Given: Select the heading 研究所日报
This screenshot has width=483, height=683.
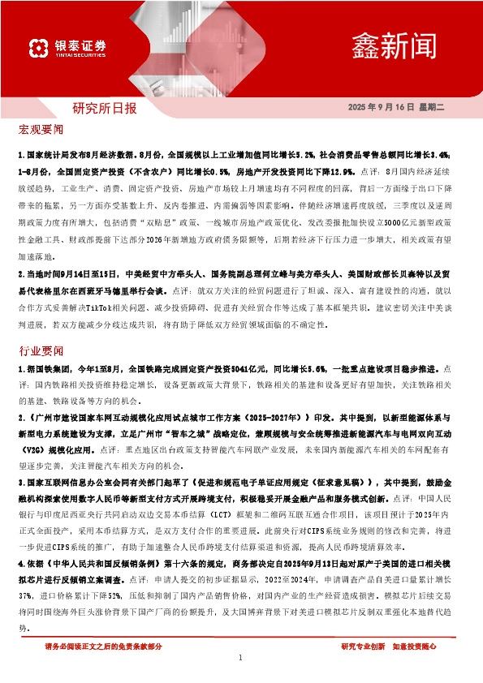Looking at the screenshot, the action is pos(105,107).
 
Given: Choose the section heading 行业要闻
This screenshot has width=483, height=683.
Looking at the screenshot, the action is pos(41,352).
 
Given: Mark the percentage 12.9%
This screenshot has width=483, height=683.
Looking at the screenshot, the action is pos(337,173).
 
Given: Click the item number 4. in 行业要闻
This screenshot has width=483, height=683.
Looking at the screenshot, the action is pos(20,586).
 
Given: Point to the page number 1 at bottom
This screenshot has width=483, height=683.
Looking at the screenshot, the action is pos(241,658).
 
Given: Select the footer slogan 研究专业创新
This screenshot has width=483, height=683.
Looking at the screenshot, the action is pos(363,646).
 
